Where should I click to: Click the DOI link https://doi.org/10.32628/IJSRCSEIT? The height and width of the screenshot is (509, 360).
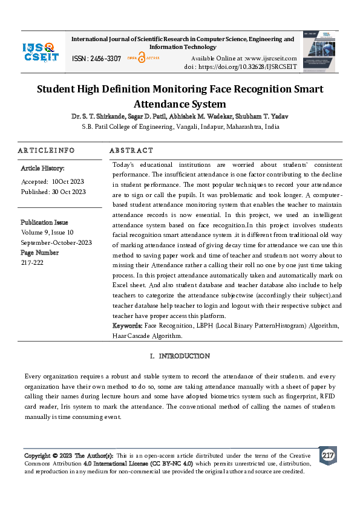coord(249,66)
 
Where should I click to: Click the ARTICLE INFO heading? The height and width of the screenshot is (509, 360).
coord(47,151)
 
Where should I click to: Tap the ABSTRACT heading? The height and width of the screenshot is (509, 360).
coord(131,151)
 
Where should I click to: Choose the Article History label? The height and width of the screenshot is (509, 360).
coord(42,168)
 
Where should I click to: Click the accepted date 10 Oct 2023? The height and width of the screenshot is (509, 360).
coord(68,181)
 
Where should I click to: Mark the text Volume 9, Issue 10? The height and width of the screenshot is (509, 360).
coord(47,232)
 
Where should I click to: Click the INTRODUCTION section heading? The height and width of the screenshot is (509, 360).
coord(184,356)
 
